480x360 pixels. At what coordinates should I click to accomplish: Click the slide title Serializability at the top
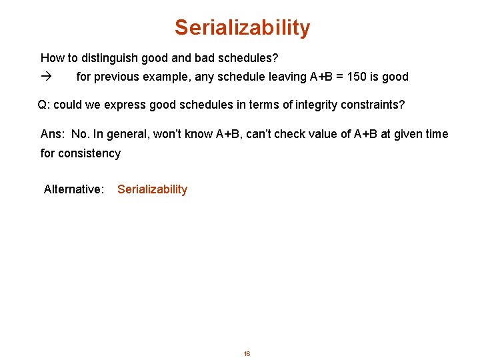(x=242, y=28)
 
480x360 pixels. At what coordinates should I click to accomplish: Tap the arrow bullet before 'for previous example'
(x=45, y=77)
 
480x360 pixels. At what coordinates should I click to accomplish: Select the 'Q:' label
(x=44, y=105)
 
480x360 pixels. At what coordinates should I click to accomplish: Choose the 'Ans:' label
(x=53, y=134)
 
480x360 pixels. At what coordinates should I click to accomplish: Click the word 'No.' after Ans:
(x=80, y=134)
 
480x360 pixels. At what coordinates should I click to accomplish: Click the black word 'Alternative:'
(x=74, y=189)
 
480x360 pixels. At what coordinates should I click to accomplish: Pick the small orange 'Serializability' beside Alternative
(x=152, y=189)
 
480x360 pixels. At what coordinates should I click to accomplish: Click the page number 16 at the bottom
(x=247, y=353)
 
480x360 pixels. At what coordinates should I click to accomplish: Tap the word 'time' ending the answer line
(x=436, y=134)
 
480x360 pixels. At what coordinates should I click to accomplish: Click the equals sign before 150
(x=339, y=77)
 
